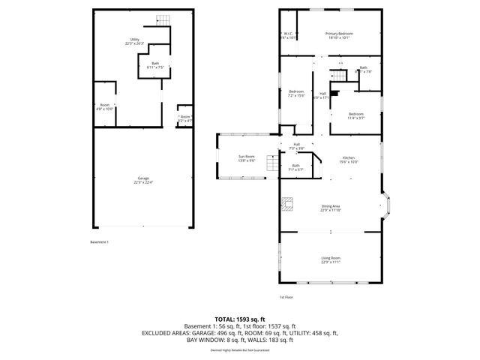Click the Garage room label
pos(142,181)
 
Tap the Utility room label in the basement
pos(135,40)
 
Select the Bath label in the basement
pos(155,65)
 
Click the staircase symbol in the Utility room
pos(160,19)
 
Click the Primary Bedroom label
pos(338,35)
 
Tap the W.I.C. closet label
pos(289,35)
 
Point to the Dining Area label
pos(331,208)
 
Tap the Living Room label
pos(331,260)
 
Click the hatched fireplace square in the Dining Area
pos(286,201)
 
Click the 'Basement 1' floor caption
pos(100,242)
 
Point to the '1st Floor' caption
pos(286,297)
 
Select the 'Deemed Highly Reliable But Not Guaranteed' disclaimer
pos(240,349)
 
